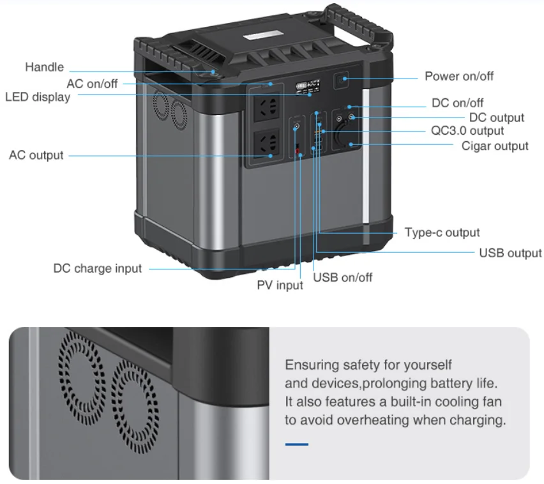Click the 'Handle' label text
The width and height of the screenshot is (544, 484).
click(45, 67)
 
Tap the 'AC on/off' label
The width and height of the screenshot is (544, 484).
click(92, 84)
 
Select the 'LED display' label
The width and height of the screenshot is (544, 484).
click(38, 97)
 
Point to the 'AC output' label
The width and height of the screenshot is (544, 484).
click(36, 155)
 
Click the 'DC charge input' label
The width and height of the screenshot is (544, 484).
click(98, 268)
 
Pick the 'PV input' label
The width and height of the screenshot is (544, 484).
click(280, 285)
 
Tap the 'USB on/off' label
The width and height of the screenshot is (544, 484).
click(342, 278)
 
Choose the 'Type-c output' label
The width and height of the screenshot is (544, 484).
click(442, 232)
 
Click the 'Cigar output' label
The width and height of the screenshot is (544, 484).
click(495, 146)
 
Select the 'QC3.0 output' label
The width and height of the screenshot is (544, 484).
click(467, 131)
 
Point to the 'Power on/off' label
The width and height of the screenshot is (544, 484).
click(459, 76)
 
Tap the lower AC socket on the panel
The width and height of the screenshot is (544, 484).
click(267, 143)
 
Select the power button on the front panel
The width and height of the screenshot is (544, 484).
click(341, 80)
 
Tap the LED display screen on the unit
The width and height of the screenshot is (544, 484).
click(308, 86)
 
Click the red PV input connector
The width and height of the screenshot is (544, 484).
click(297, 151)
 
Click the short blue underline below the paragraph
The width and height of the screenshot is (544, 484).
click(297, 444)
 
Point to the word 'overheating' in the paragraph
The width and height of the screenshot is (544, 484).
click(373, 420)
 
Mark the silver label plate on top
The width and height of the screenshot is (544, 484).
click(263, 35)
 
